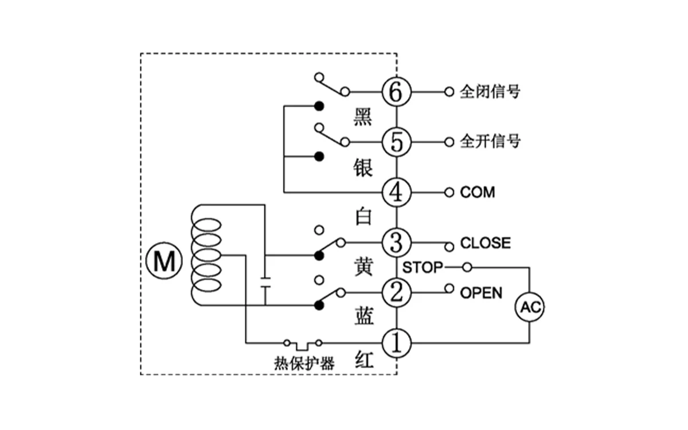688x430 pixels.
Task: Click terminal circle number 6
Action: tap(396, 92)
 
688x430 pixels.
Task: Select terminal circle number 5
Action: tap(396, 142)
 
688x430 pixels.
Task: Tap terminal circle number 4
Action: tap(396, 192)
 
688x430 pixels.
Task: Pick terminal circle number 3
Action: tap(396, 243)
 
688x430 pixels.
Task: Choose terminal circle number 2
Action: tap(396, 292)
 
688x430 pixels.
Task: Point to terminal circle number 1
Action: tap(396, 343)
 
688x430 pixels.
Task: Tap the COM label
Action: tap(477, 193)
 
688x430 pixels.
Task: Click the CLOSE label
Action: tap(484, 243)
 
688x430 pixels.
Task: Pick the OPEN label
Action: tap(481, 293)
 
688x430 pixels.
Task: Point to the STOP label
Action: tap(423, 267)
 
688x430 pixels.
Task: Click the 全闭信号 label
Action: tap(490, 92)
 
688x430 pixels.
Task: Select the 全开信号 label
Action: tap(490, 142)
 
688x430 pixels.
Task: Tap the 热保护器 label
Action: tap(304, 363)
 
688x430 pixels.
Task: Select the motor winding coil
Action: tap(205, 255)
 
